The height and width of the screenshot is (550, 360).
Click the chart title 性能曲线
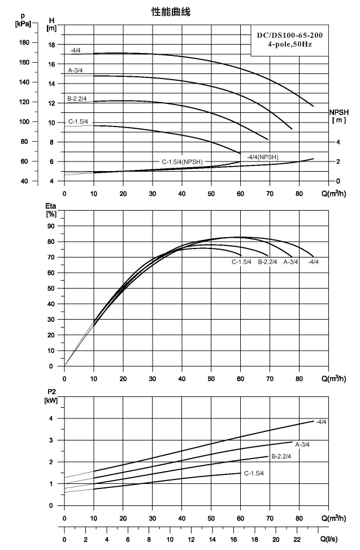pyautogui.click(x=171, y=12)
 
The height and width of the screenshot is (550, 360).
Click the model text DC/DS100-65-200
pyautogui.click(x=290, y=35)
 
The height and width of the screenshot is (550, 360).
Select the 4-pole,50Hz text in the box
pyautogui.click(x=290, y=45)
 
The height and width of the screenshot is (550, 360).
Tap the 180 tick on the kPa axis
pyautogui.click(x=24, y=42)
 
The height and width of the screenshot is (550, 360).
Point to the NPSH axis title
pyautogui.click(x=339, y=116)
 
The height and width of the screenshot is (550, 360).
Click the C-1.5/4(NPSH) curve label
pyautogui.click(x=183, y=162)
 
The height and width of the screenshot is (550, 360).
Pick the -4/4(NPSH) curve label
pyautogui.click(x=262, y=157)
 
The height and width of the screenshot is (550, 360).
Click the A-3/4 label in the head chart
pyautogui.click(x=75, y=71)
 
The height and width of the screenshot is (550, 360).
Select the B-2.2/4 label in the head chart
pyautogui.click(x=77, y=99)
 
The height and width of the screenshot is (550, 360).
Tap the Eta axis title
pyautogui.click(x=51, y=209)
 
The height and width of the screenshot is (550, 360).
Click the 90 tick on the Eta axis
pyautogui.click(x=51, y=226)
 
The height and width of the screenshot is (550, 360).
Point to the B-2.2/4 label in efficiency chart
pyautogui.click(x=268, y=262)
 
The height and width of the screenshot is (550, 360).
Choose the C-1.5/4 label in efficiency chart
pyautogui.click(x=242, y=262)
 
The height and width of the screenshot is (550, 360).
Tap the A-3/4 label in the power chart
pyautogui.click(x=302, y=444)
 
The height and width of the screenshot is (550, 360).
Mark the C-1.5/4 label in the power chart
pyautogui.click(x=254, y=473)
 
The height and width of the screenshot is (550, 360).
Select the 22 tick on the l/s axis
pyautogui.click(x=297, y=539)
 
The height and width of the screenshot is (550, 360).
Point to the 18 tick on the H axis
pyautogui.click(x=51, y=45)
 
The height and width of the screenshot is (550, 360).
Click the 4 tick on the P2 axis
pyautogui.click(x=51, y=418)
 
